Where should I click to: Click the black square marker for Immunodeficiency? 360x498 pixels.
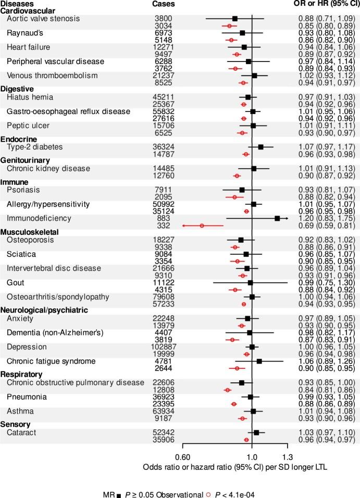(x=277, y=219)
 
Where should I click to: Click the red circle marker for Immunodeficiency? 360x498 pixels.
(x=202, y=226)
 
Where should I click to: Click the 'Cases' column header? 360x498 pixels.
(x=164, y=4)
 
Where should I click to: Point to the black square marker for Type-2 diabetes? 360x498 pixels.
(x=261, y=147)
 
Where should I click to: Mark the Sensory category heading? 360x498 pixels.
(x=15, y=425)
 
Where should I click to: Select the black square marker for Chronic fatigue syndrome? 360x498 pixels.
(x=259, y=361)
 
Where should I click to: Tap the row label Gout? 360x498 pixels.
(x=15, y=283)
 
